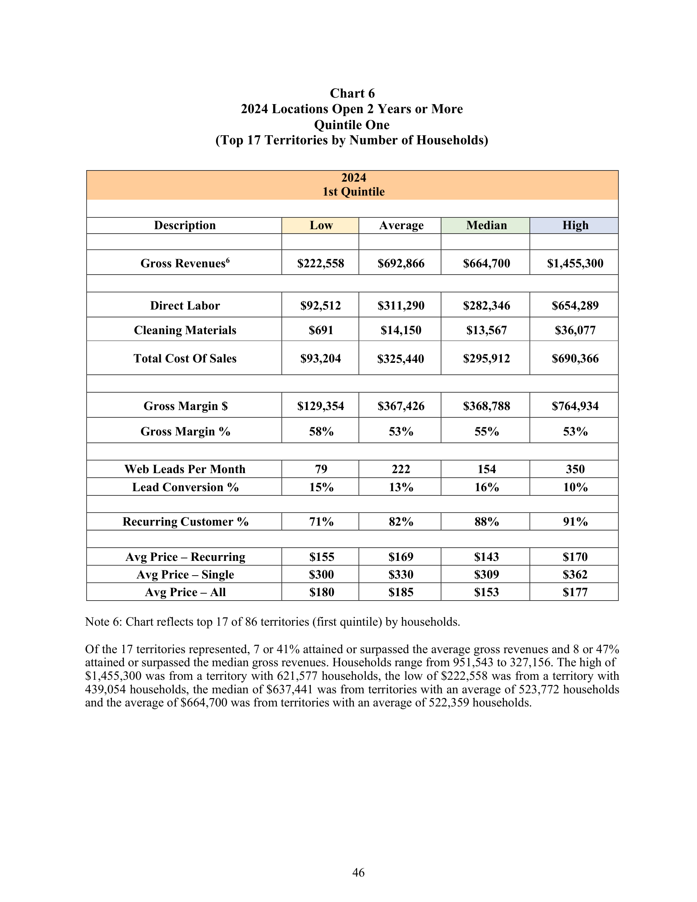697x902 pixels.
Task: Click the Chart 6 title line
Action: pos(352,93)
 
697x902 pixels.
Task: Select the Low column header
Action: pos(321,225)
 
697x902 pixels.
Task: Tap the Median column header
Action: pos(486,225)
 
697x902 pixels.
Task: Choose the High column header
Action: pos(575,225)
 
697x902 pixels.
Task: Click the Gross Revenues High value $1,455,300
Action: pos(575,264)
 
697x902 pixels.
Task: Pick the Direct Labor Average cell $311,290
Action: pos(401,305)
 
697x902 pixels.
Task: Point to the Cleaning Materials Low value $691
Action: pos(321,330)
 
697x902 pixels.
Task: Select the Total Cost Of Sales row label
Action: pos(185,358)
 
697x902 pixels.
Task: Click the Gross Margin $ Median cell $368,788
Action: pos(486,406)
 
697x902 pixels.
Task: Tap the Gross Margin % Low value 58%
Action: pos(321,432)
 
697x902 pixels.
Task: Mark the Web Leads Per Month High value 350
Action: pos(575,469)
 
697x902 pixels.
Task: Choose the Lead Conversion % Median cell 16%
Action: pos(486,487)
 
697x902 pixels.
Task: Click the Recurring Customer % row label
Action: pos(185,522)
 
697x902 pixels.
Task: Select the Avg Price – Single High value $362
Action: pos(575,575)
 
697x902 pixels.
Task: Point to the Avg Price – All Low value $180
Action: pos(321,593)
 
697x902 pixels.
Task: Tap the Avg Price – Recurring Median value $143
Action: pos(486,557)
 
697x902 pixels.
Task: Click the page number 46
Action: pos(358,872)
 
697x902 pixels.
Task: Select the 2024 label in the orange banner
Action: pos(353,178)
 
